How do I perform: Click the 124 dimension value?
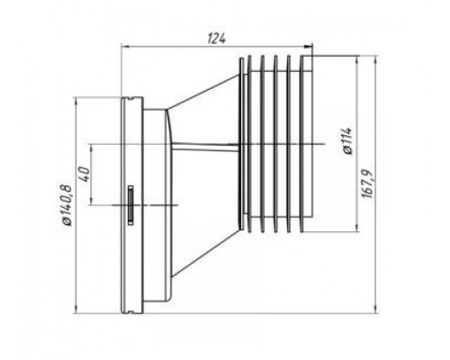[217, 39]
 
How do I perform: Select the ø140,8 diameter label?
[67, 205]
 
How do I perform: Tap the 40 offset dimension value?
[85, 174]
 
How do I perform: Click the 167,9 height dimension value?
[366, 184]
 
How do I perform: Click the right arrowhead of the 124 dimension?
[309, 46]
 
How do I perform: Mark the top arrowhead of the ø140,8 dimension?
[76, 101]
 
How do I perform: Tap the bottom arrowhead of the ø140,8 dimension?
[76, 310]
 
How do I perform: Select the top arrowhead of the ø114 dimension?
[356, 60]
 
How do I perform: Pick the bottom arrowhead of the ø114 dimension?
[356, 228]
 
